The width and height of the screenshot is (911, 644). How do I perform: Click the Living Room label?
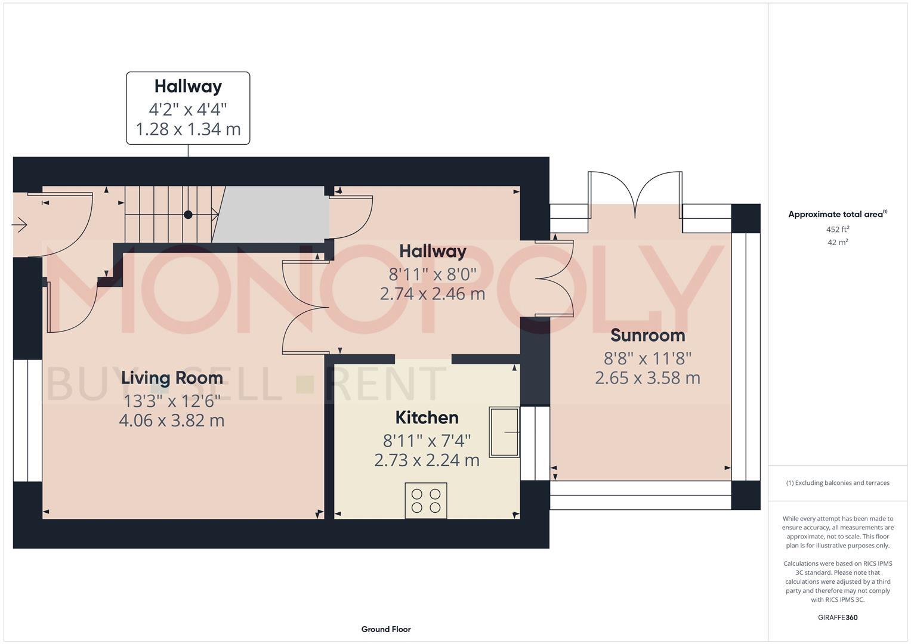pyautogui.click(x=172, y=378)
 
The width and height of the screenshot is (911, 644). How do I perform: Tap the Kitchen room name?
pyautogui.click(x=427, y=417)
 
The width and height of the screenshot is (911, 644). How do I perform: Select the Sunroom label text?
pyautogui.click(x=647, y=335)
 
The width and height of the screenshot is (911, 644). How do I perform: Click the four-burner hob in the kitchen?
pyautogui.click(x=426, y=500)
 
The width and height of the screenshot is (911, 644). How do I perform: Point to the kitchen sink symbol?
pyautogui.click(x=504, y=432)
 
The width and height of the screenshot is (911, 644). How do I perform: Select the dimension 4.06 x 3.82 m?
pyautogui.click(x=172, y=420)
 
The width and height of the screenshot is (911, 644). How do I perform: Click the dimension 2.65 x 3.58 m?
pyautogui.click(x=647, y=378)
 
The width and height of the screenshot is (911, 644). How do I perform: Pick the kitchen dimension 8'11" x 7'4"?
pyautogui.click(x=427, y=441)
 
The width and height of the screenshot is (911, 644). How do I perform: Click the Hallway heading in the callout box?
pyautogui.click(x=188, y=86)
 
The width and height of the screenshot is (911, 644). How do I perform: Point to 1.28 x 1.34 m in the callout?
pyautogui.click(x=188, y=129)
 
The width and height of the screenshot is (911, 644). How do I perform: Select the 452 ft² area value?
pyautogui.click(x=837, y=230)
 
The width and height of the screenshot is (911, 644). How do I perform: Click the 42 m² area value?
pyautogui.click(x=837, y=243)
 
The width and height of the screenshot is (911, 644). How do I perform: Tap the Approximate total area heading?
pyautogui.click(x=837, y=215)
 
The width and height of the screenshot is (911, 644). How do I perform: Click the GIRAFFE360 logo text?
pyautogui.click(x=837, y=617)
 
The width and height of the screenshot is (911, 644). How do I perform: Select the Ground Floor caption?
pyautogui.click(x=386, y=629)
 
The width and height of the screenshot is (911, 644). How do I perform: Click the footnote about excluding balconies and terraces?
pyautogui.click(x=837, y=483)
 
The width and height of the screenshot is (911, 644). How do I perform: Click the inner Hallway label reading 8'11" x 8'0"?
pyautogui.click(x=433, y=274)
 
